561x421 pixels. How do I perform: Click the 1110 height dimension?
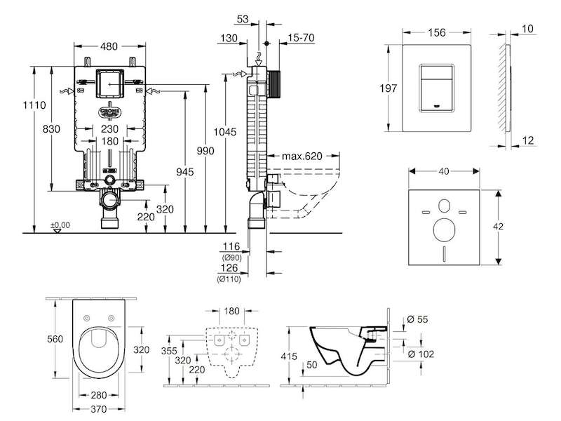(34, 105)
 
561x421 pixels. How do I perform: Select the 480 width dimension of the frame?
(109, 46)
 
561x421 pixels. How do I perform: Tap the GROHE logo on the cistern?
(110, 112)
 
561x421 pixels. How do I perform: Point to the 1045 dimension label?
(225, 132)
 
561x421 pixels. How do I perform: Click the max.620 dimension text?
(302, 156)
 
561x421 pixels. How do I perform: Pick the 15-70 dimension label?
(302, 37)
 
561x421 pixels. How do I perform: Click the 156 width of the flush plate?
(437, 32)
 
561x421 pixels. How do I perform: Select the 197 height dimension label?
(388, 88)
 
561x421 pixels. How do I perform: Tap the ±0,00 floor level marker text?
(60, 225)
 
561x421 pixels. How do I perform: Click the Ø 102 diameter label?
(421, 354)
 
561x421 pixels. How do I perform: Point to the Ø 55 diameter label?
(417, 319)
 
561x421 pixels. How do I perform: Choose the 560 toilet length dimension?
(55, 339)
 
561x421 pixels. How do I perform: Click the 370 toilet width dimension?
(98, 409)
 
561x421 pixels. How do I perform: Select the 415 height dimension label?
(289, 356)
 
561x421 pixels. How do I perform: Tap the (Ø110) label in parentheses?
(229, 279)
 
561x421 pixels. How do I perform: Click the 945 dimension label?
(185, 172)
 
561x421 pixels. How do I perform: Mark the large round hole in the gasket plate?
(444, 230)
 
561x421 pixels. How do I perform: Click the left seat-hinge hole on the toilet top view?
(86, 318)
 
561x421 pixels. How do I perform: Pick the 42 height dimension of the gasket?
(498, 226)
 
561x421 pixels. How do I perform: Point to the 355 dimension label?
(169, 351)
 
